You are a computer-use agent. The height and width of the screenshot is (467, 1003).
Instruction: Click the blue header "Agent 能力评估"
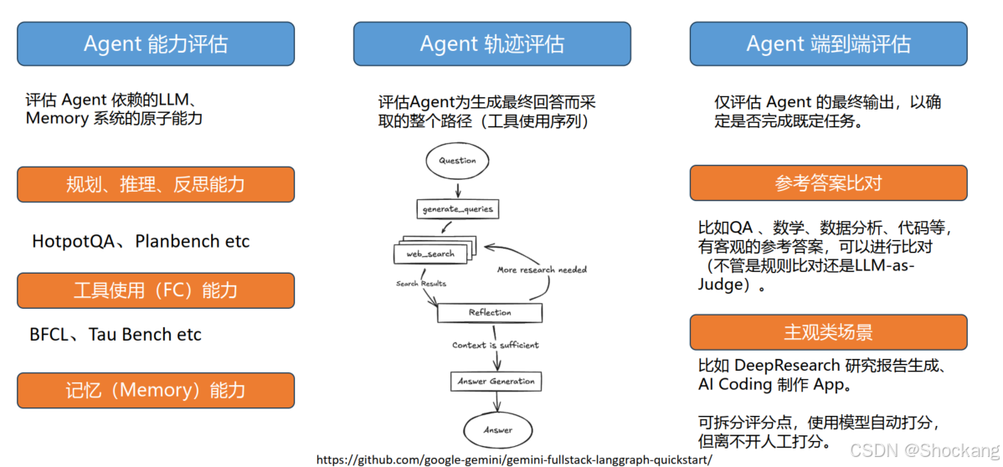click(x=156, y=44)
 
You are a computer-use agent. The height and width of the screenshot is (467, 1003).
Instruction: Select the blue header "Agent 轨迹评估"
click(x=491, y=44)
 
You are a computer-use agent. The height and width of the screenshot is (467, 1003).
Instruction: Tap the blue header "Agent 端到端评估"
click(x=828, y=44)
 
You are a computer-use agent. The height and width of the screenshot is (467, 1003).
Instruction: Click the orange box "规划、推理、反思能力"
click(x=156, y=184)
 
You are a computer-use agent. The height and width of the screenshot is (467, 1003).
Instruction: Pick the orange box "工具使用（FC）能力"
click(x=156, y=290)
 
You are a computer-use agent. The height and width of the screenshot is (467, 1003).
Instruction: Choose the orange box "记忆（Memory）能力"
click(x=156, y=390)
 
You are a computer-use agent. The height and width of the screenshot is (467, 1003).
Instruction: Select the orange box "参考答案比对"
click(x=828, y=182)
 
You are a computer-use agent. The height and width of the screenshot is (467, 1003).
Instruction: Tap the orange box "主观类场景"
click(x=828, y=332)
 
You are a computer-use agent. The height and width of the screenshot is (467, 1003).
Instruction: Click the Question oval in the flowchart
click(x=457, y=161)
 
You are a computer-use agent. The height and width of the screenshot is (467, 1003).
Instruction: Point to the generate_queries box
click(x=457, y=208)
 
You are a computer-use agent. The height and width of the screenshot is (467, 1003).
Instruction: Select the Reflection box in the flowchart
click(x=490, y=312)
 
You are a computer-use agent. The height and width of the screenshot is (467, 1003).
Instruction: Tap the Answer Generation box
click(x=496, y=381)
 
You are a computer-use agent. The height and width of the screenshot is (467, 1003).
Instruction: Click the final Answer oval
click(x=498, y=430)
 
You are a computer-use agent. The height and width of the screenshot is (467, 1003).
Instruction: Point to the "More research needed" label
click(x=542, y=269)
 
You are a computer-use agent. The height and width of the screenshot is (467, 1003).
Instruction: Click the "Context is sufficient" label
click(x=496, y=345)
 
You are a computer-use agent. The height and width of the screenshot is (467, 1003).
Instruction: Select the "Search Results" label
click(x=421, y=284)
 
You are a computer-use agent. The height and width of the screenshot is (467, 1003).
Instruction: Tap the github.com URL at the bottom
click(x=514, y=459)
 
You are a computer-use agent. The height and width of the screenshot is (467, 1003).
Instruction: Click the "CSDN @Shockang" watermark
click(x=924, y=450)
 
